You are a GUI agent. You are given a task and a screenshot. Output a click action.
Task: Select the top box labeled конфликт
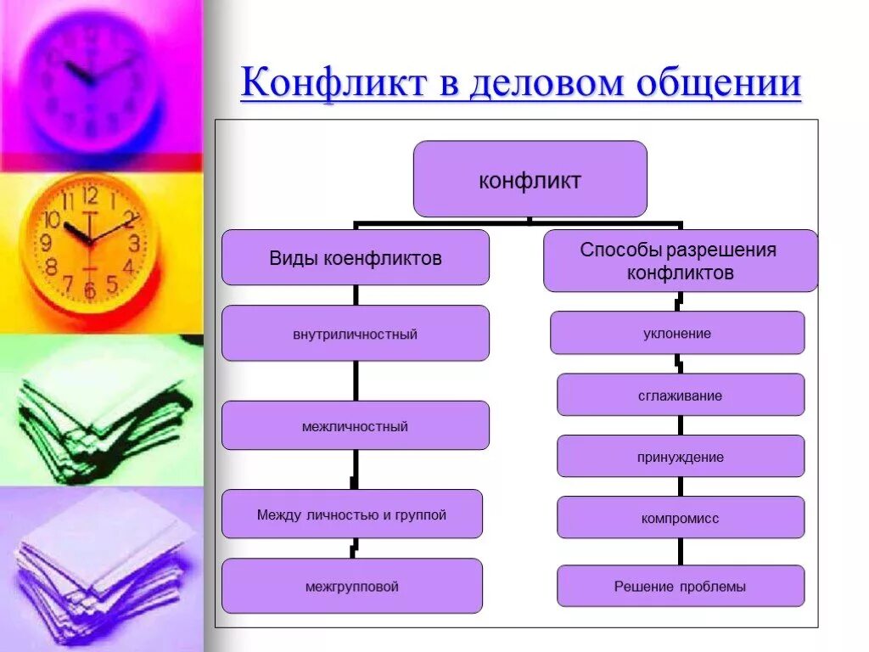(530, 179)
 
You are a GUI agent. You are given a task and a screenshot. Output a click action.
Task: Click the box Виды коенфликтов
(356, 258)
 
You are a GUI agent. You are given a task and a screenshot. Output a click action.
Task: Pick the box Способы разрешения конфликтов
(680, 261)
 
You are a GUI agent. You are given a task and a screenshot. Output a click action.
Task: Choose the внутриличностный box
(356, 334)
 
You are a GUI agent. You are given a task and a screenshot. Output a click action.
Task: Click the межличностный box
(356, 425)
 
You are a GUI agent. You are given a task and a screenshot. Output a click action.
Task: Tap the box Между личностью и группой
(352, 514)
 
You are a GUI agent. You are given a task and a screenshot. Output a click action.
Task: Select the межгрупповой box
(352, 586)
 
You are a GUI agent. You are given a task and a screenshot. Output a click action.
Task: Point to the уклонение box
(677, 333)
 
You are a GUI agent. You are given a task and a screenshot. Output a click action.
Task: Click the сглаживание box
(681, 395)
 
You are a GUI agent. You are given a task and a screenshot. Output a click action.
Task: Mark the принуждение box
(681, 456)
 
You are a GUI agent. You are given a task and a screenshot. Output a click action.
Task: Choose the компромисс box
(681, 517)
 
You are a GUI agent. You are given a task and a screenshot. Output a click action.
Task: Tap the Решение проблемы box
(681, 586)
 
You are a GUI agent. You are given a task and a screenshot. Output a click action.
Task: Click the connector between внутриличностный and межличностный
(356, 380)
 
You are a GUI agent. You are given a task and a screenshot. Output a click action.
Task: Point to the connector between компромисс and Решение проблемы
(681, 552)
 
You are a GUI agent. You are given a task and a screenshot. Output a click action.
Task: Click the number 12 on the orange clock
(91, 197)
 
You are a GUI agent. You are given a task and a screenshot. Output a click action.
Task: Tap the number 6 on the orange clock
(90, 290)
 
